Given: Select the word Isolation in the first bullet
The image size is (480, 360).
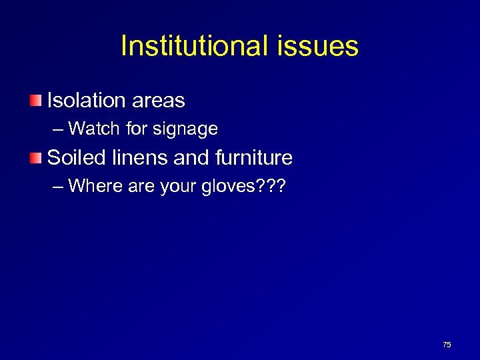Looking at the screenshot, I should (x=87, y=101).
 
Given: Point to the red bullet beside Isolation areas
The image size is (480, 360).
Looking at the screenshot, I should (x=35, y=101).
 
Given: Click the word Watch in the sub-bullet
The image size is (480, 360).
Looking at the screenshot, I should (x=95, y=128).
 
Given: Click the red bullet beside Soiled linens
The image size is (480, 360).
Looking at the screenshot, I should (x=35, y=158).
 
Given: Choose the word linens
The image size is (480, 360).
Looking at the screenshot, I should (x=138, y=158).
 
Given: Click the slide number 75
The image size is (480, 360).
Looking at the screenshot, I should (x=447, y=345).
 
